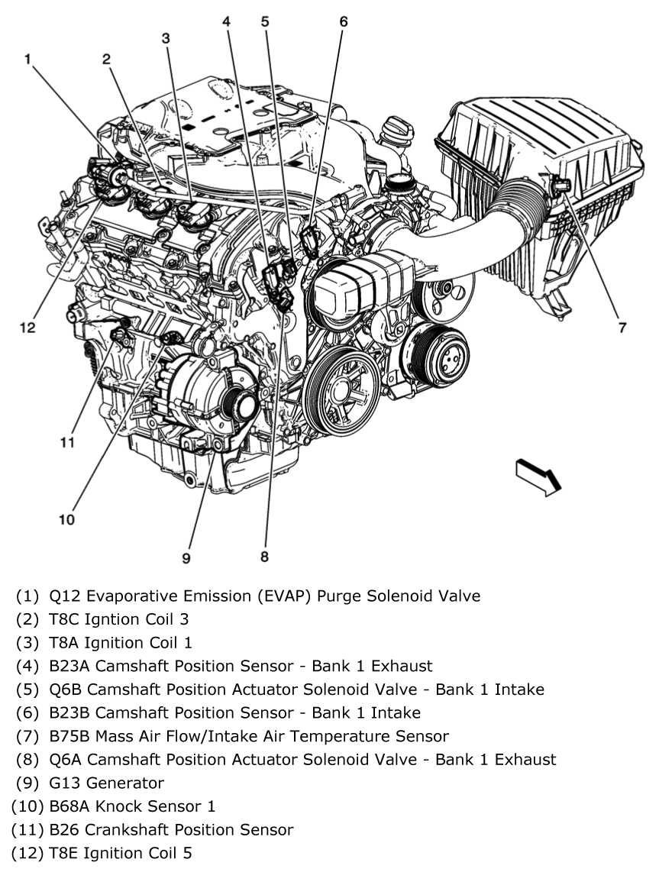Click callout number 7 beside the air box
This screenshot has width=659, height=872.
tap(622, 328)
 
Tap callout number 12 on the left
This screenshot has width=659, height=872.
tap(27, 328)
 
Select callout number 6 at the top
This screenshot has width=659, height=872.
tap(343, 21)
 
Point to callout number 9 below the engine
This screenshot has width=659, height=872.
tap(186, 558)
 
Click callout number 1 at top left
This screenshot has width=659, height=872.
tap(28, 59)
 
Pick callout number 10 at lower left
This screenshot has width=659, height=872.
tap(66, 520)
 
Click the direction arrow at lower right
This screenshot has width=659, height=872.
tap(538, 478)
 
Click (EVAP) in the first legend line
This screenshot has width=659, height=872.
tap(292, 596)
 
